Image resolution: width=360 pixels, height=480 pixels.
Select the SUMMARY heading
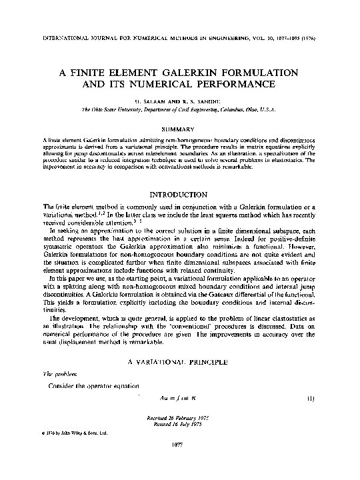coord(180,125)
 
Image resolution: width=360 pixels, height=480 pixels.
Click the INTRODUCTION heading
coord(180,195)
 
